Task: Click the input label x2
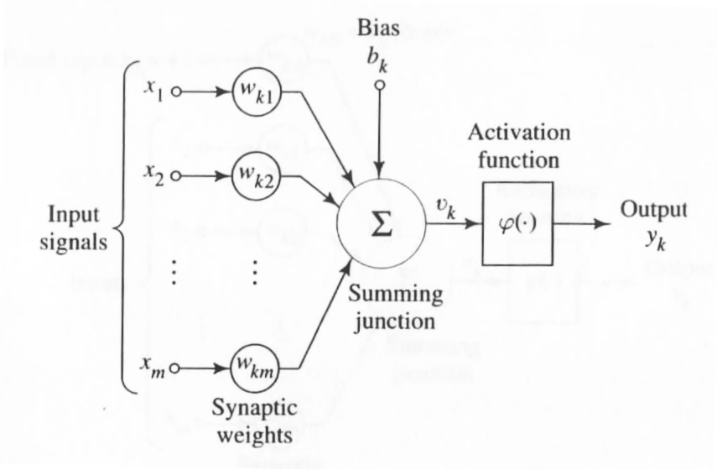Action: coord(151,175)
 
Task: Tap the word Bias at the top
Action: coord(380,27)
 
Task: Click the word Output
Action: coord(653,209)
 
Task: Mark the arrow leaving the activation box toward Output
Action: coord(585,225)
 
